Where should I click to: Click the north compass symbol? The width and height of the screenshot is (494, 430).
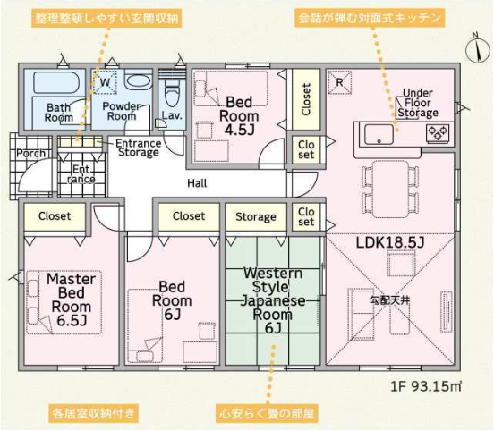(x=478, y=50)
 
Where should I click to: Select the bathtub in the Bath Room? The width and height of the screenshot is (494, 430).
(x=56, y=83)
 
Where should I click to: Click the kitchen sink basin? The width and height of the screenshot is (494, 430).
(x=379, y=134)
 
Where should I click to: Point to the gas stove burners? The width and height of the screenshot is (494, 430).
(x=438, y=133)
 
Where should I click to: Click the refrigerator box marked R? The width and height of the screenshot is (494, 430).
(x=340, y=82)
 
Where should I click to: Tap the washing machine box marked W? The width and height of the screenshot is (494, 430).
(x=105, y=82)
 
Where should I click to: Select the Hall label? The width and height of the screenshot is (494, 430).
(x=197, y=183)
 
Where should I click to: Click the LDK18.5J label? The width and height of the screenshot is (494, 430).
(x=390, y=242)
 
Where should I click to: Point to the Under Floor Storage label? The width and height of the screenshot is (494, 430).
(x=417, y=103)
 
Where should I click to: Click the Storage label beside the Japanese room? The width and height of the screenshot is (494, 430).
(x=256, y=217)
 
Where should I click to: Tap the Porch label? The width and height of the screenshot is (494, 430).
(x=30, y=154)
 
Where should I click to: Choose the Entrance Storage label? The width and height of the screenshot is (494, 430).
(x=139, y=148)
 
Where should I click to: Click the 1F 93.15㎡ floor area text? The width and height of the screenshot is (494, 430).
(x=426, y=386)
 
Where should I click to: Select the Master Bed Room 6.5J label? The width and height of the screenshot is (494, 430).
(x=72, y=299)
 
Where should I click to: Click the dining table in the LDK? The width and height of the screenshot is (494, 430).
(x=391, y=190)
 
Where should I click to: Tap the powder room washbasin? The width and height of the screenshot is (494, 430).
(x=138, y=80)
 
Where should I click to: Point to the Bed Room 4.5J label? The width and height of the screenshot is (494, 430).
(x=239, y=116)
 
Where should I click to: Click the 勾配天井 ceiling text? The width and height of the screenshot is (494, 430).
(x=390, y=300)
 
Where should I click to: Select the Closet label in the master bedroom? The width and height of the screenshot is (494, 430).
(x=55, y=216)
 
